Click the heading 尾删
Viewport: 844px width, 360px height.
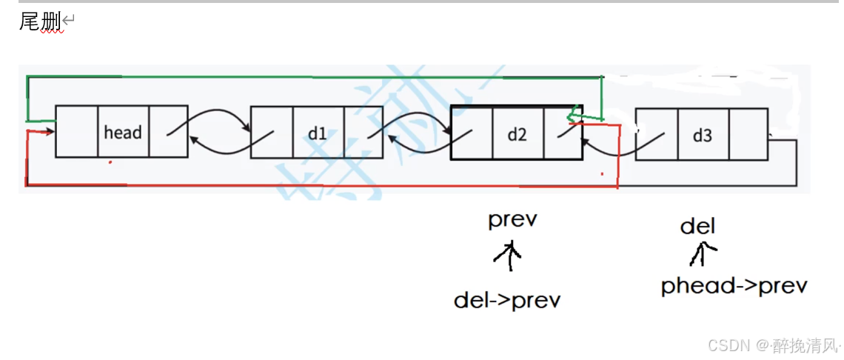(39, 22)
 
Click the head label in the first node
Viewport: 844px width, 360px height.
(123, 133)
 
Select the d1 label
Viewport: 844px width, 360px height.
(318, 133)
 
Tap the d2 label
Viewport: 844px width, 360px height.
(517, 134)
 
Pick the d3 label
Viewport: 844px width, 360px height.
(702, 136)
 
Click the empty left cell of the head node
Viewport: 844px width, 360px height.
(77, 132)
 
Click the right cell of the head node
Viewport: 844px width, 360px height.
(168, 132)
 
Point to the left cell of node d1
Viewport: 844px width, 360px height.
(272, 133)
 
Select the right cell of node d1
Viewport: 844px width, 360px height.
(362, 133)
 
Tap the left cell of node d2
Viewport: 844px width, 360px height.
(471, 133)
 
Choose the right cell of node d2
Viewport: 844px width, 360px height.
(563, 133)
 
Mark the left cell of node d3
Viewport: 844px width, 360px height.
(656, 135)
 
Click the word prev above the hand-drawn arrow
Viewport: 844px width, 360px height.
(512, 221)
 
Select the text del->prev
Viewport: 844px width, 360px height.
(507, 300)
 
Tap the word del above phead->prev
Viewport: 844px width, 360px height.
(698, 226)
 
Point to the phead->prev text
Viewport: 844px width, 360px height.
(733, 286)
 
